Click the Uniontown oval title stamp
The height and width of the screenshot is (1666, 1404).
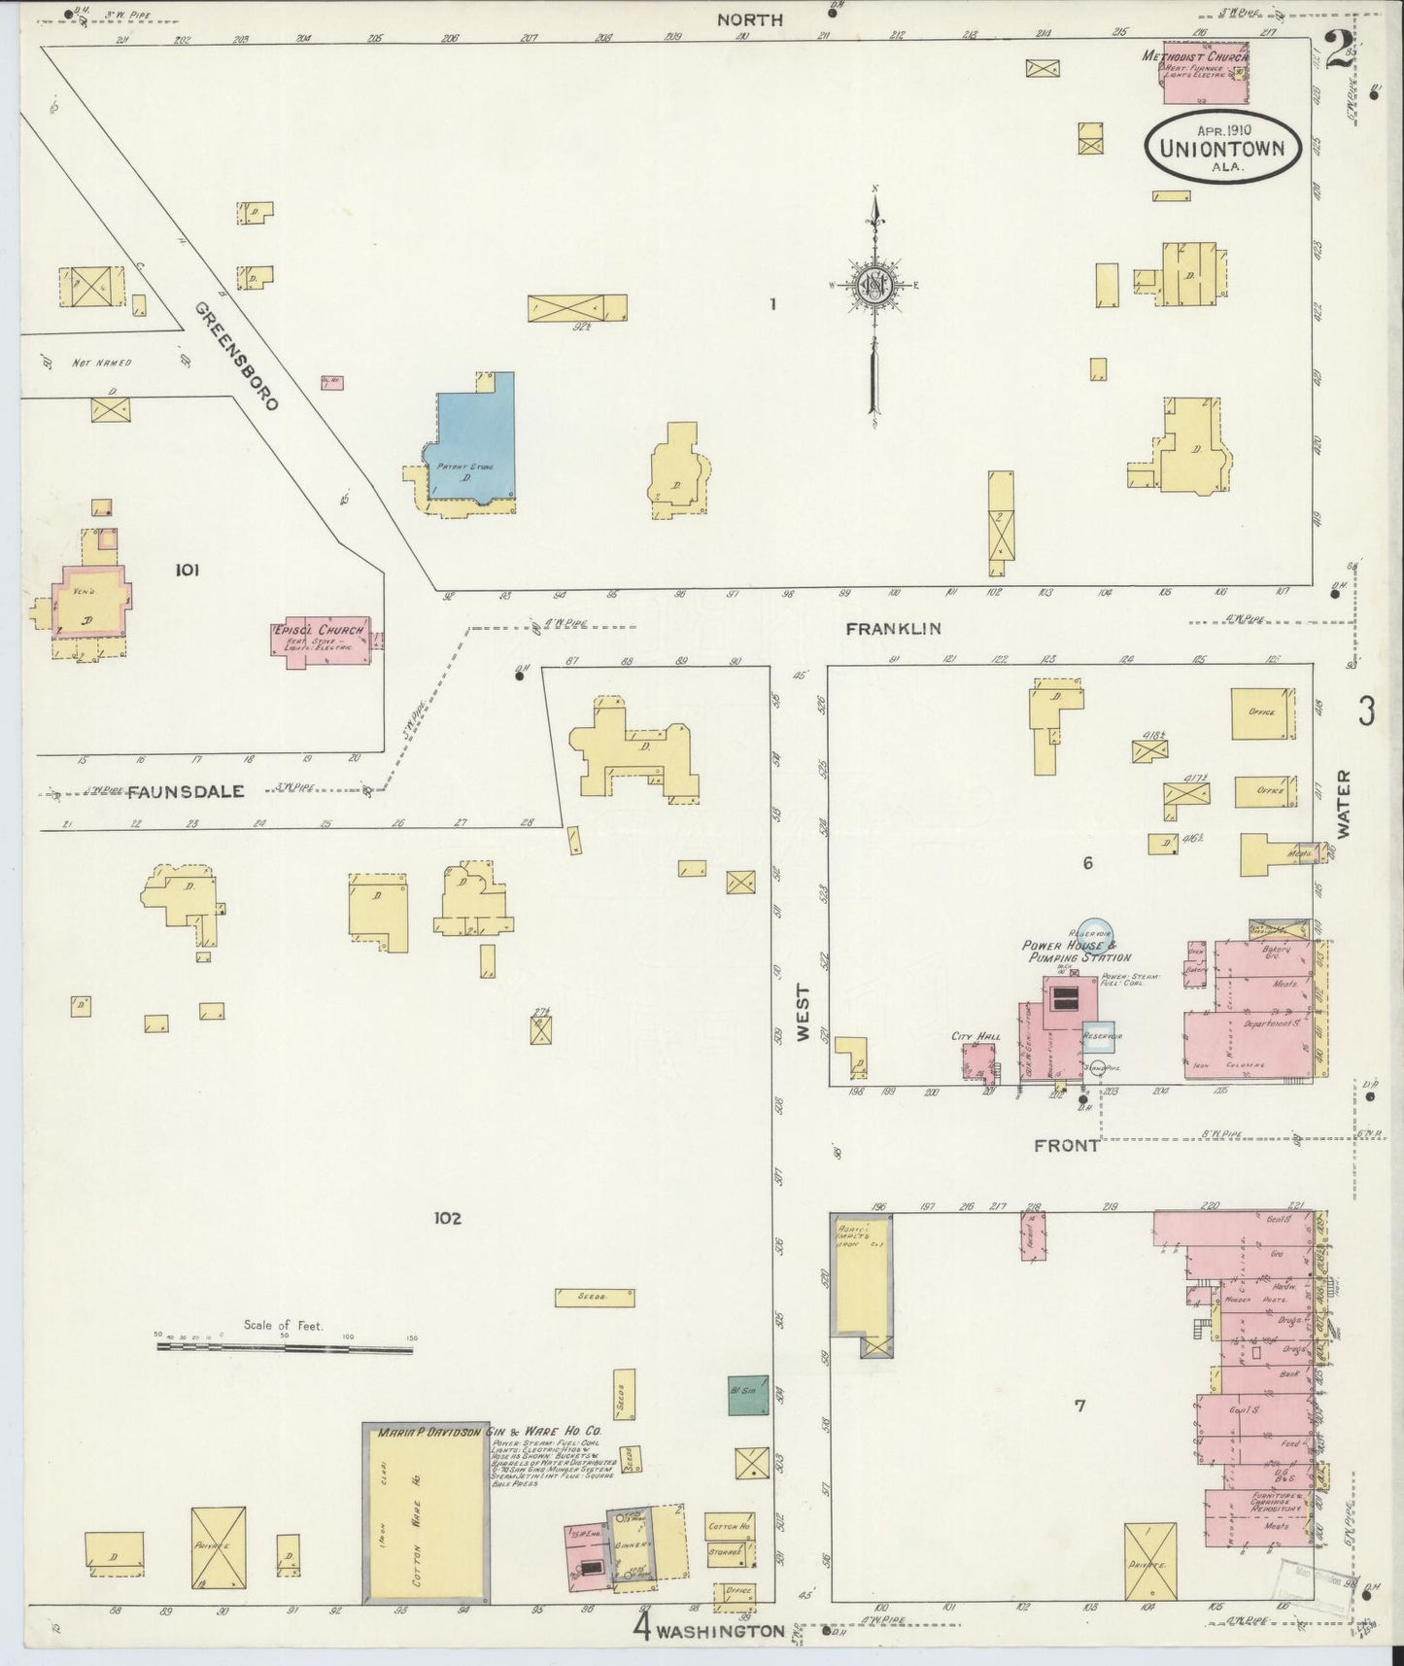[1222, 148]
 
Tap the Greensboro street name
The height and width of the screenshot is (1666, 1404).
[237, 355]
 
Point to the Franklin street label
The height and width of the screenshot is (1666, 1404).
[892, 629]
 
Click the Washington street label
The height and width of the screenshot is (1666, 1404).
[720, 1630]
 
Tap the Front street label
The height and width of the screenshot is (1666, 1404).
[1066, 1146]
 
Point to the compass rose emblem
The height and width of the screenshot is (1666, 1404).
[874, 286]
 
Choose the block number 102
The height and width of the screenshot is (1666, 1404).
[448, 1218]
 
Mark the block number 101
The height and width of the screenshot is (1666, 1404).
[187, 570]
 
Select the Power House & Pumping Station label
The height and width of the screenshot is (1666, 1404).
[1076, 951]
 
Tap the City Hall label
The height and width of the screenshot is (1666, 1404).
[976, 1037]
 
